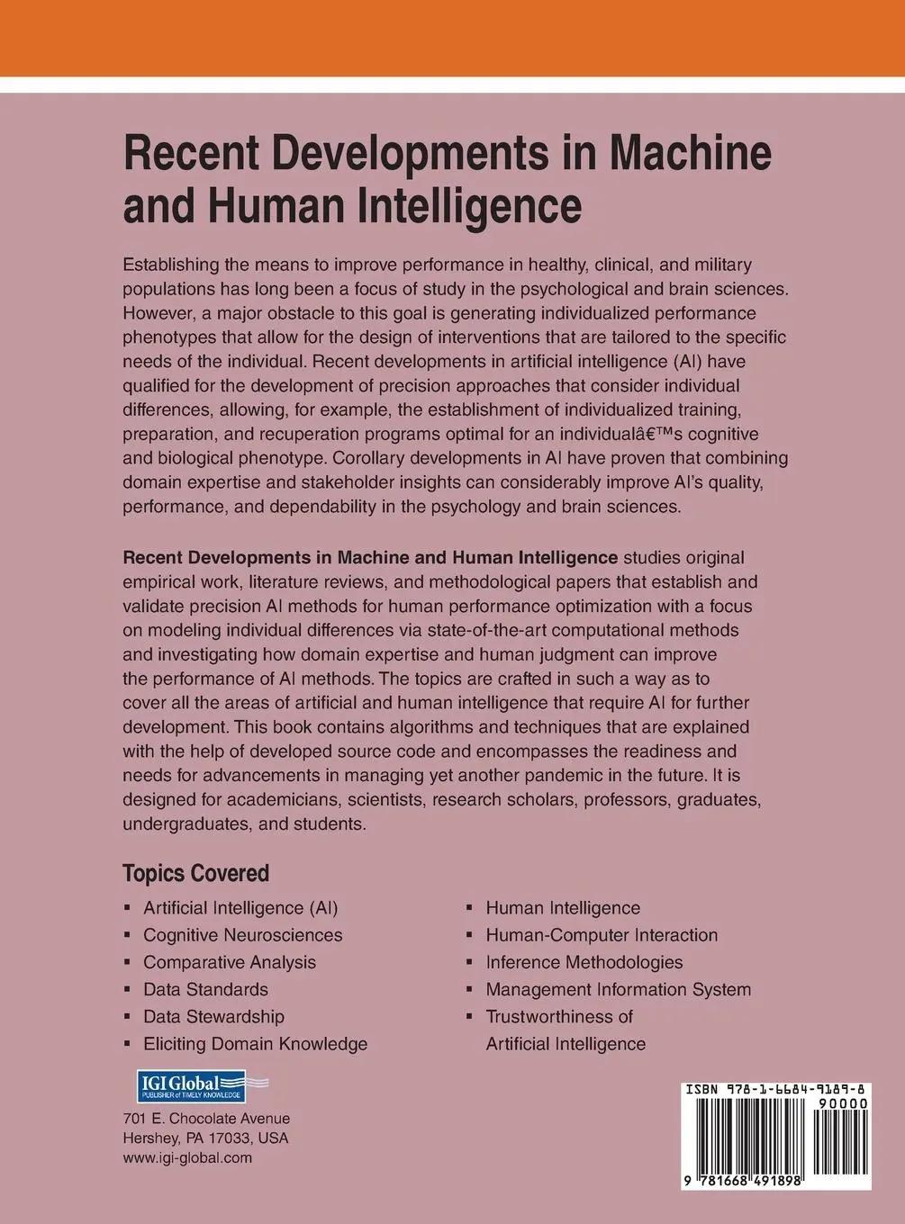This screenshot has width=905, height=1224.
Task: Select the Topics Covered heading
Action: [195, 874]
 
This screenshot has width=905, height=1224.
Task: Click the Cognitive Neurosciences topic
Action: [242, 935]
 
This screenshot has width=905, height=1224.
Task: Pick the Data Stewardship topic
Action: [213, 1016]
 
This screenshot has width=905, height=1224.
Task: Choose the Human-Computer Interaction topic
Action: [602, 935]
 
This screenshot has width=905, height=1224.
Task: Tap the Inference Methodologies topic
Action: [584, 962]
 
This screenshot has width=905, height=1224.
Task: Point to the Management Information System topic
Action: [618, 989]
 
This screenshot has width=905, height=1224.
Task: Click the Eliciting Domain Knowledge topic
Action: [255, 1044]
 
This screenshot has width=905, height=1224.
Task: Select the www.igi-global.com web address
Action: [187, 1158]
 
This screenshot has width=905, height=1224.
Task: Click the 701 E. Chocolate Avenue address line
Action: [206, 1119]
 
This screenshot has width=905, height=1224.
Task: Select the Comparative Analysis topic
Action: [230, 962]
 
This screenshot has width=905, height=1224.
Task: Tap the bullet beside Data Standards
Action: [127, 989]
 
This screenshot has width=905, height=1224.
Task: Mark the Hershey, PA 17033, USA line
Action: [205, 1138]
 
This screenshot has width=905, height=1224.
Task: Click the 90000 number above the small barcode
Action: [842, 1104]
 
